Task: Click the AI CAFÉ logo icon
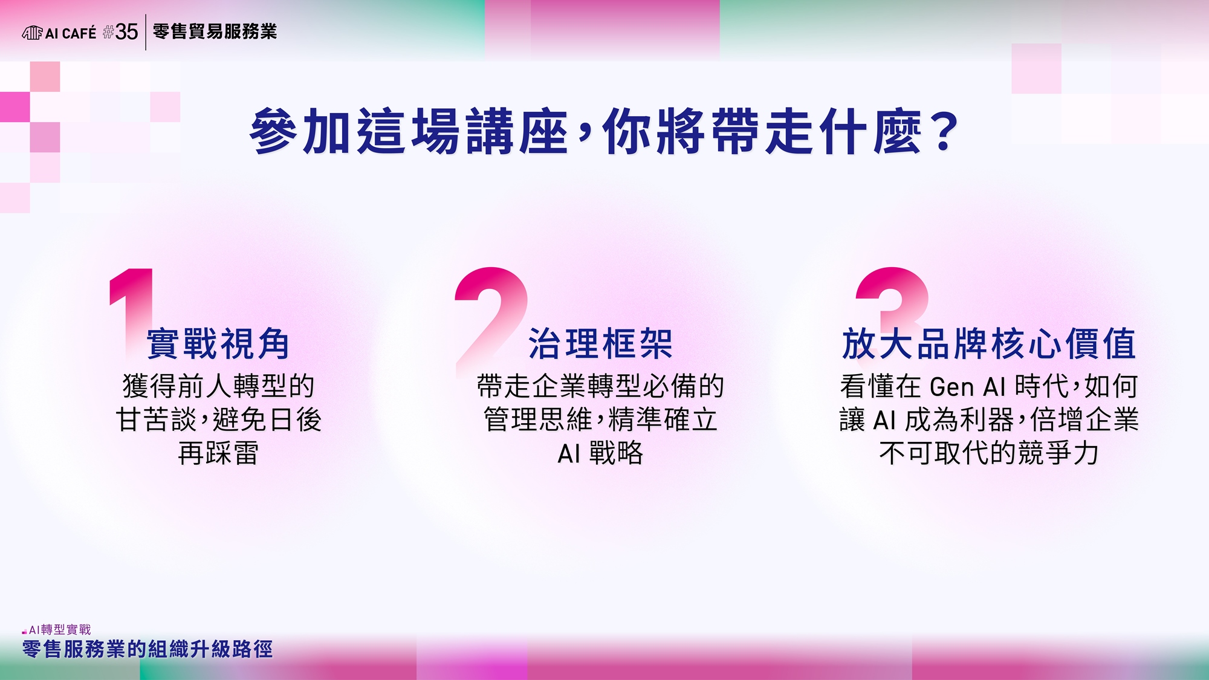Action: pyautogui.click(x=33, y=33)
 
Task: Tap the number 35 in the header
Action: pyautogui.click(x=126, y=32)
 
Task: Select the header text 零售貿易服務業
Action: pyautogui.click(x=215, y=31)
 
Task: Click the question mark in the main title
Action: pyautogui.click(x=944, y=132)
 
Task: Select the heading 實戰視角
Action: pyautogui.click(x=218, y=344)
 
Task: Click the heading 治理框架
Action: pyautogui.click(x=600, y=344)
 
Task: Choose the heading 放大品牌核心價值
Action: pyautogui.click(x=989, y=344)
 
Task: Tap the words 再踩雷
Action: pyautogui.click(x=218, y=453)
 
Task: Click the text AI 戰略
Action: pyautogui.click(x=600, y=453)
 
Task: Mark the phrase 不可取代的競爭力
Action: pyautogui.click(x=989, y=453)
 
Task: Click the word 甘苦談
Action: pyautogui.click(x=156, y=420)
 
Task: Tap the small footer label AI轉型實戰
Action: pyautogui.click(x=60, y=630)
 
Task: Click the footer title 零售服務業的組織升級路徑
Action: pyautogui.click(x=147, y=649)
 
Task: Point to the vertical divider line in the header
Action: pyautogui.click(x=146, y=32)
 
